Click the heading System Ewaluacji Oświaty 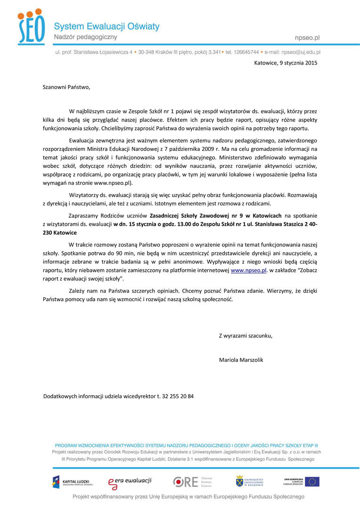(x=106, y=26)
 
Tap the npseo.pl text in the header (x=306, y=37)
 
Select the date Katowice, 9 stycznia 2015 (x=286, y=62)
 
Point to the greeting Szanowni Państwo (x=66, y=87)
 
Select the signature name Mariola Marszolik (x=241, y=360)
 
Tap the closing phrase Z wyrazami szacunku (x=245, y=336)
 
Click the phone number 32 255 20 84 (x=178, y=396)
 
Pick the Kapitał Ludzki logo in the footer (x=72, y=481)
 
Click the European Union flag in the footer (x=311, y=481)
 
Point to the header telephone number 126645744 (x=245, y=52)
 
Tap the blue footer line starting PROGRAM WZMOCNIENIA (x=187, y=445)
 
